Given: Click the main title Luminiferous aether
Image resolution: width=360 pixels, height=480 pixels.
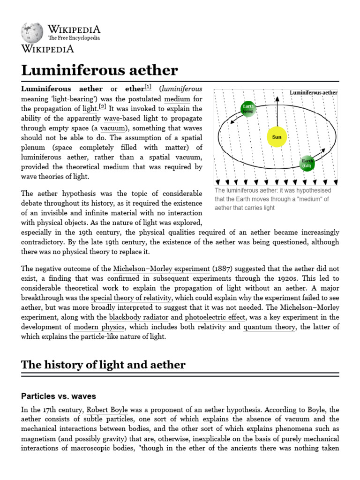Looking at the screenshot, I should pos(99,70).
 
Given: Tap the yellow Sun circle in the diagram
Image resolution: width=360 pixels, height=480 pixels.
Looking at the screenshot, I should pos(277,137).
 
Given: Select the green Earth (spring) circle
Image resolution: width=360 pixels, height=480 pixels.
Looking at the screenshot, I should pos(248,109).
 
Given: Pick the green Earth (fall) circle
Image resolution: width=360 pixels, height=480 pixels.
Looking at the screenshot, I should pos(307,163).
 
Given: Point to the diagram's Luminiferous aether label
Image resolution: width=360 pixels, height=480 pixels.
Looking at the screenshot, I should pos(313,93).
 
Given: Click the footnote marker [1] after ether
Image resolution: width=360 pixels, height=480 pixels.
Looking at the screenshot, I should pos(148,87).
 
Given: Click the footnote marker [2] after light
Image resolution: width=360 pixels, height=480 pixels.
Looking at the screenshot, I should pos(103,107).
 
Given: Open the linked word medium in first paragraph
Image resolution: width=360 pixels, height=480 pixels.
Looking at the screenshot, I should pos(177,99).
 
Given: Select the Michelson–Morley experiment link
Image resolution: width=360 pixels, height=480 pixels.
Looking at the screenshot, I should pos(161,269).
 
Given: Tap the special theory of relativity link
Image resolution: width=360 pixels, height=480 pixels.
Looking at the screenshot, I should pos(131,298).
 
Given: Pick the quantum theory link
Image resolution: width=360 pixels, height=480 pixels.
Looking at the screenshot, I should pos(269,327).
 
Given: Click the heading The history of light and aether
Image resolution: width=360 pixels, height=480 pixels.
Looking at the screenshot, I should pos(103,365).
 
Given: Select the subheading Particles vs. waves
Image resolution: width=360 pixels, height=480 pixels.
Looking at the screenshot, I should pos(59,396).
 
